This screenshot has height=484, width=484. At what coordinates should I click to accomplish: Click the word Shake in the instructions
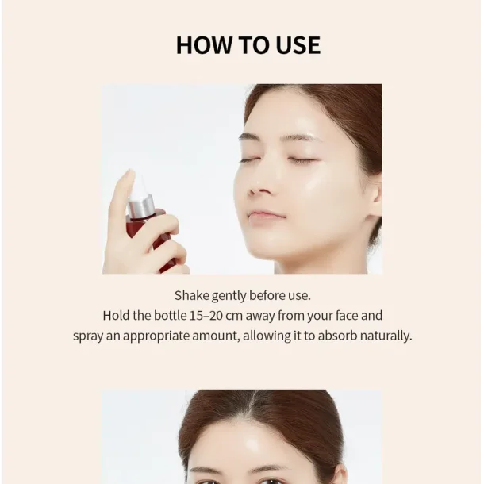coord(192,295)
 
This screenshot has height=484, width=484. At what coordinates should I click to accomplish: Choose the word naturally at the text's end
coord(386,336)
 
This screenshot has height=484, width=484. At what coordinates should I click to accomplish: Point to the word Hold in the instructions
coord(116,315)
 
